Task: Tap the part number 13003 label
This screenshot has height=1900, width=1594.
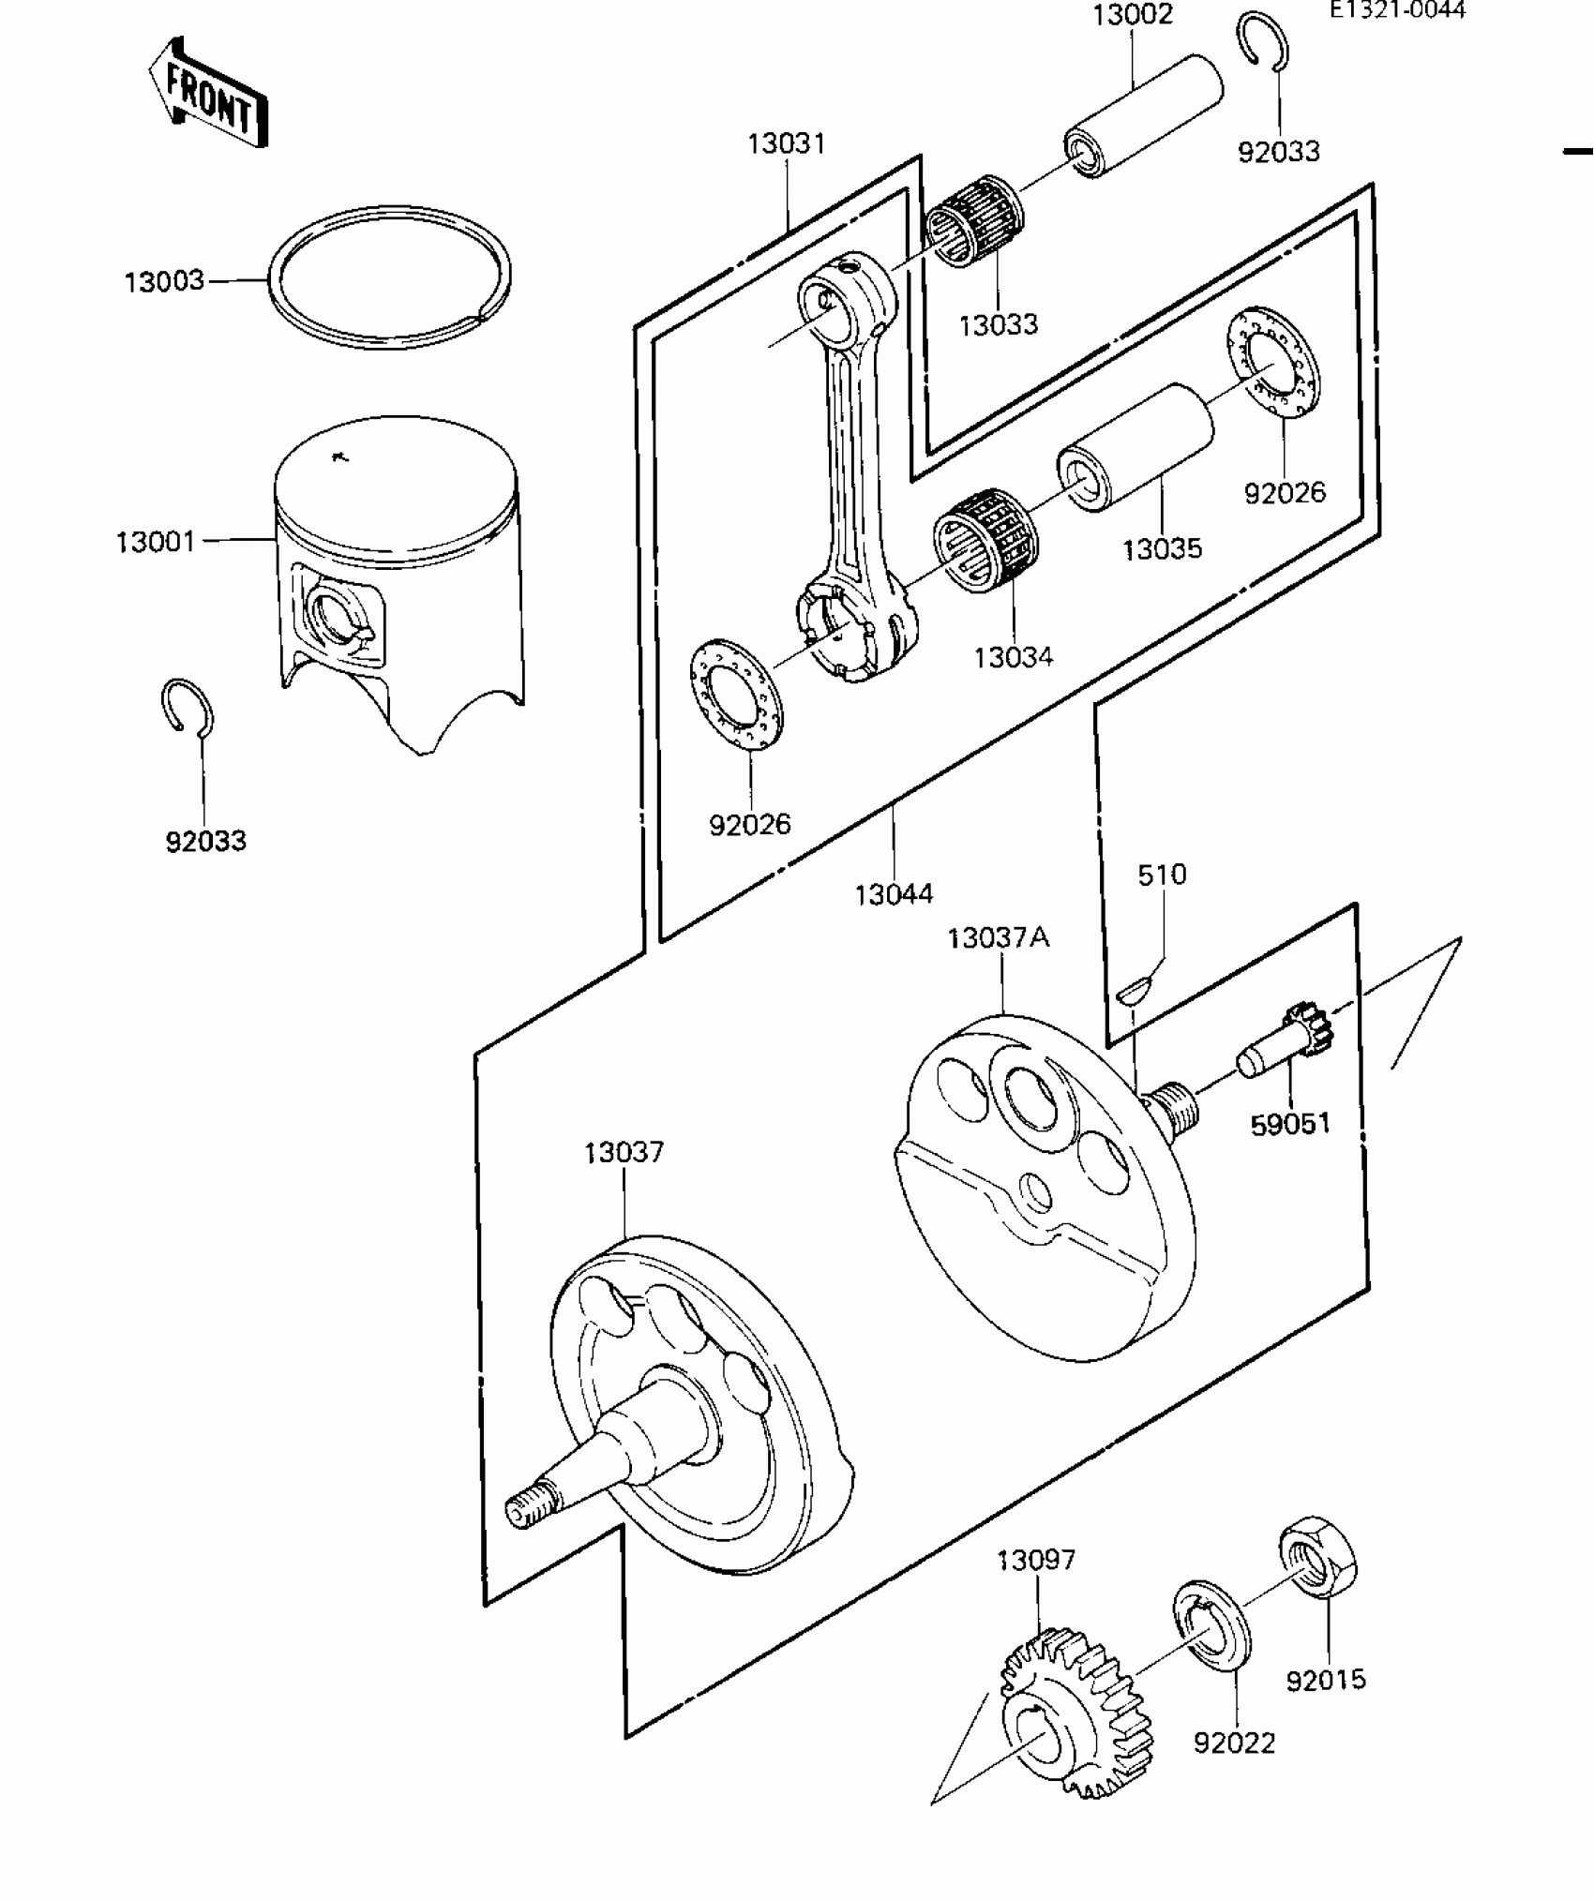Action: click(x=164, y=280)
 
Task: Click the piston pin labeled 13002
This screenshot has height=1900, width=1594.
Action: click(x=1144, y=116)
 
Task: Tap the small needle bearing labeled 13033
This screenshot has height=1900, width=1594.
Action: click(x=974, y=219)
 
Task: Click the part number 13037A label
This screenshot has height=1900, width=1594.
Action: click(x=998, y=937)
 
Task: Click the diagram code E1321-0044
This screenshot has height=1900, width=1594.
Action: click(x=1396, y=10)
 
